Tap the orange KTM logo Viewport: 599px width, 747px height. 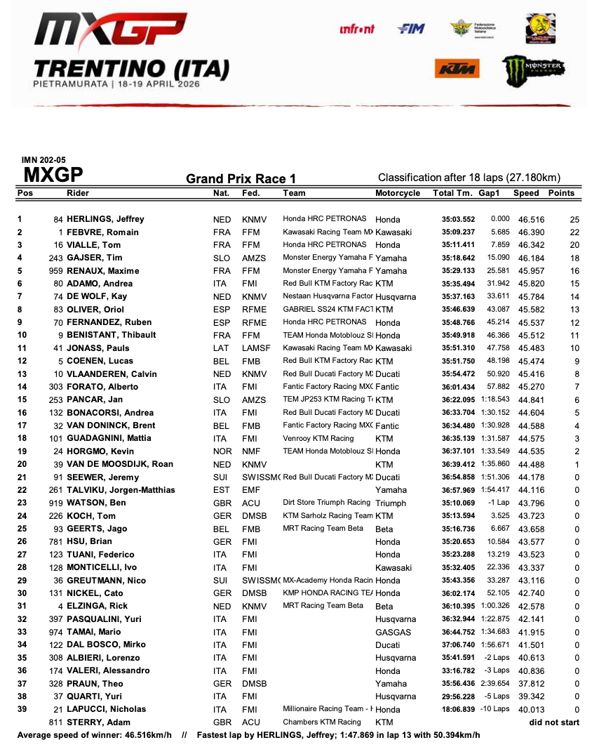tap(457, 68)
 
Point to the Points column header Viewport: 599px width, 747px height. tap(561, 193)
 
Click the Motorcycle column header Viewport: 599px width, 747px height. tap(398, 193)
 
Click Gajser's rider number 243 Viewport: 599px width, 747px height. tap(55, 258)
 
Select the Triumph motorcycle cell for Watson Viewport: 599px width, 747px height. tap(391, 503)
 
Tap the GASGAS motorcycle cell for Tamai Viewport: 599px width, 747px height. tap(392, 632)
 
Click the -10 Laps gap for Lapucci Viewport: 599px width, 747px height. tap(494, 709)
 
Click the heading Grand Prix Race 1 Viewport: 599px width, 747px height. tap(241, 179)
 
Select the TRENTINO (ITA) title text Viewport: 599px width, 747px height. tap(131, 69)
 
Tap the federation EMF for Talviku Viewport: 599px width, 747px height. tap(250, 490)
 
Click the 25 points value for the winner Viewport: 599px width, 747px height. tap(575, 220)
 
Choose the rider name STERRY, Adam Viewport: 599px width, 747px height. tap(97, 722)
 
